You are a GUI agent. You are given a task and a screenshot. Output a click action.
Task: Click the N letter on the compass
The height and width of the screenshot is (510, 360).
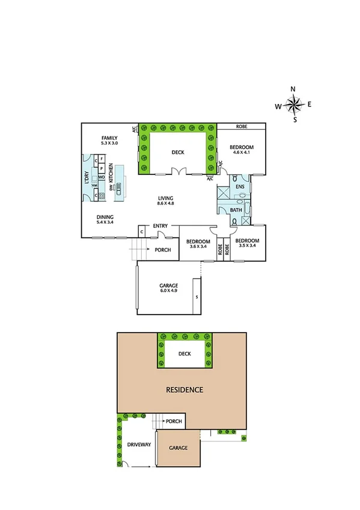293,89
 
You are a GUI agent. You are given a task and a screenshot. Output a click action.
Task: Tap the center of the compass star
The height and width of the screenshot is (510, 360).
293,105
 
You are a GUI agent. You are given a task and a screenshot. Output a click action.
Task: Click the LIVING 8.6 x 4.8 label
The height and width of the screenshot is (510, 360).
166,201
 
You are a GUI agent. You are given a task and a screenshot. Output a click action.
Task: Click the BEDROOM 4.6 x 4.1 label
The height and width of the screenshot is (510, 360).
242,150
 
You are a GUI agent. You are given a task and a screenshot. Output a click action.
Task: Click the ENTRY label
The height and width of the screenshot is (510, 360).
160,226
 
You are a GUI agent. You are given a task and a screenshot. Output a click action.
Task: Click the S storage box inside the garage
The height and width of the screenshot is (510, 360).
197,297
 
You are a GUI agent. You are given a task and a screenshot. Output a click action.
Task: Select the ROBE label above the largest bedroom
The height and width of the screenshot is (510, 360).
242,127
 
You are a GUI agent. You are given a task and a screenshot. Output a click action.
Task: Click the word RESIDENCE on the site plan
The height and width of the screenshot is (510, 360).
185,390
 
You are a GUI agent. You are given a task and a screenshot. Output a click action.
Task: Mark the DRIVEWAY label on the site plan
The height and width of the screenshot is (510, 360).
139,445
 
